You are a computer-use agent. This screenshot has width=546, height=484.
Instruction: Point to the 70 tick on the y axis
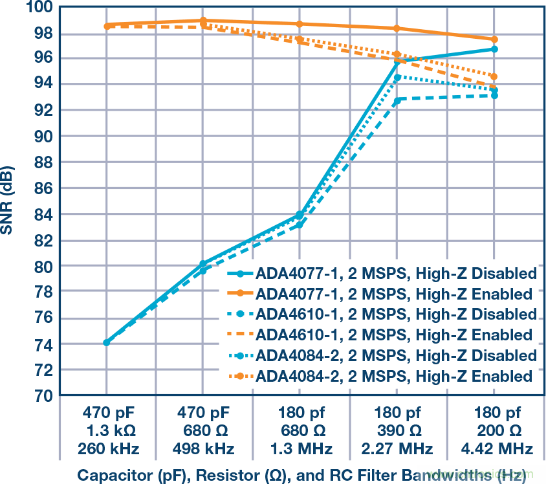[x=42, y=396]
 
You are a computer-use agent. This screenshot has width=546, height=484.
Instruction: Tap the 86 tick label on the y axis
[x=42, y=188]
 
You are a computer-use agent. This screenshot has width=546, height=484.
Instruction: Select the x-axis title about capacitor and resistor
[x=301, y=474]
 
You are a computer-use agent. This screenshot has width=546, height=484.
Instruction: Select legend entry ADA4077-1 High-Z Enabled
[x=394, y=294]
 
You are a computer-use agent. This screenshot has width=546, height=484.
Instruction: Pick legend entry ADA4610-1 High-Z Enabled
[x=394, y=335]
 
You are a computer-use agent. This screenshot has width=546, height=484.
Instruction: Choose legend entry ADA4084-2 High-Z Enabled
[x=394, y=377]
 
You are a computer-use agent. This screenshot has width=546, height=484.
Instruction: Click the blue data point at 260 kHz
[x=106, y=342]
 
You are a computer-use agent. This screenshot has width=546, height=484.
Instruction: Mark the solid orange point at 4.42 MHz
[x=494, y=39]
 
